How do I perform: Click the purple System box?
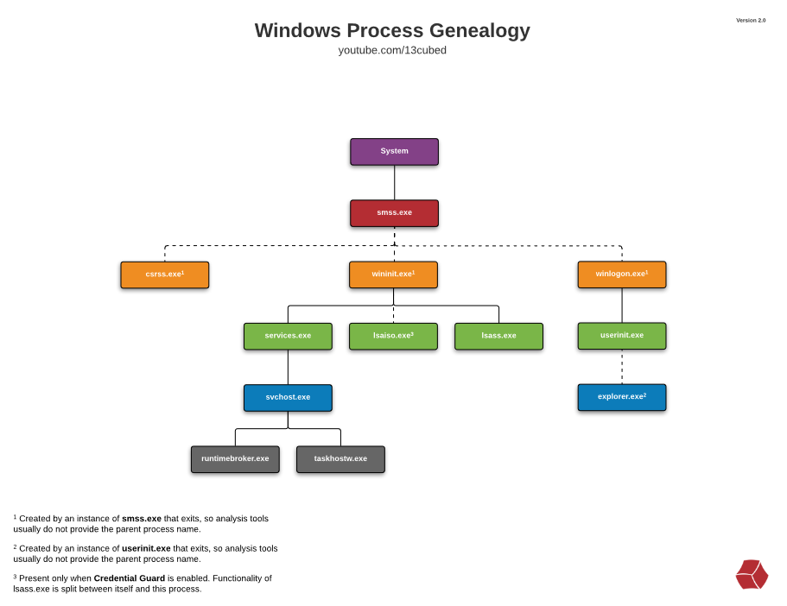(x=394, y=152)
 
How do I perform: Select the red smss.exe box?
(x=394, y=213)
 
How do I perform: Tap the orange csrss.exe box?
(x=164, y=275)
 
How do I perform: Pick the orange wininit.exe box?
(x=393, y=275)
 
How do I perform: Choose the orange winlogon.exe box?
(x=621, y=275)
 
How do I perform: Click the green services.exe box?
(x=288, y=336)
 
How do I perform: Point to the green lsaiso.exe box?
(x=393, y=336)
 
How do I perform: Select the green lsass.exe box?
(x=498, y=336)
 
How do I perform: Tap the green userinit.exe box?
(x=621, y=336)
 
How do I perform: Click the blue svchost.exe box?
(x=288, y=398)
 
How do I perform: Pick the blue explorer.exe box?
(x=621, y=397)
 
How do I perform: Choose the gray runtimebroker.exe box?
(x=235, y=459)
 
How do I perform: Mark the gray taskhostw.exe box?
(x=340, y=459)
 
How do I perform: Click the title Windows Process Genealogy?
(x=392, y=30)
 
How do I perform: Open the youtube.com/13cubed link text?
(x=392, y=51)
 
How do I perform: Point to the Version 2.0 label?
(x=750, y=20)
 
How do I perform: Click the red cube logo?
(x=752, y=575)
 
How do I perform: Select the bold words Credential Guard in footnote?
(x=130, y=578)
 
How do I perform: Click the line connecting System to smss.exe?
(x=395, y=182)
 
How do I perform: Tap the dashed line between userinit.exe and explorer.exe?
(x=622, y=367)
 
